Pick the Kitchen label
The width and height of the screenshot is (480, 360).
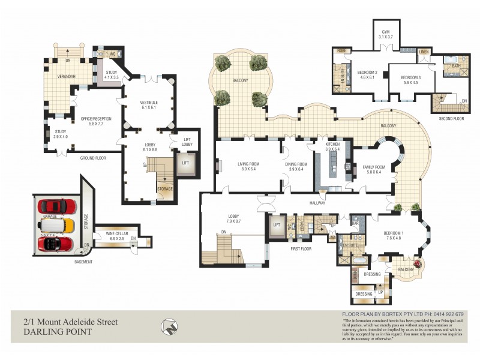click(x=333, y=146)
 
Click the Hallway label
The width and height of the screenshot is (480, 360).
click(x=316, y=203)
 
